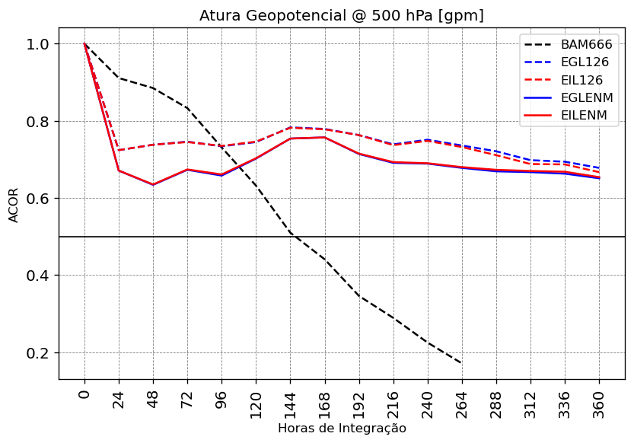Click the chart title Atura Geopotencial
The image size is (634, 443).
(x=341, y=15)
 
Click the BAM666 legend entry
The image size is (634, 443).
(x=586, y=45)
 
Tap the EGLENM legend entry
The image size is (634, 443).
(x=586, y=97)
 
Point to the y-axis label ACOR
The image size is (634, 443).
(x=14, y=204)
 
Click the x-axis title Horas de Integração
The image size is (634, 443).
(x=342, y=429)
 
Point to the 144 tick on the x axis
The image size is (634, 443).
(x=290, y=400)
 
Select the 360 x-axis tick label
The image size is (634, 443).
(x=599, y=400)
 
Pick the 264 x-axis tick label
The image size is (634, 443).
(x=462, y=400)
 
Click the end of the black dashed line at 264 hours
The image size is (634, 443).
(x=461, y=363)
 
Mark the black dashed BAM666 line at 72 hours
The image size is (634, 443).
(x=187, y=108)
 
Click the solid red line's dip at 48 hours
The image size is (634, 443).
(x=153, y=184)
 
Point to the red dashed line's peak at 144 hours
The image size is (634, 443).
(x=290, y=128)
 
